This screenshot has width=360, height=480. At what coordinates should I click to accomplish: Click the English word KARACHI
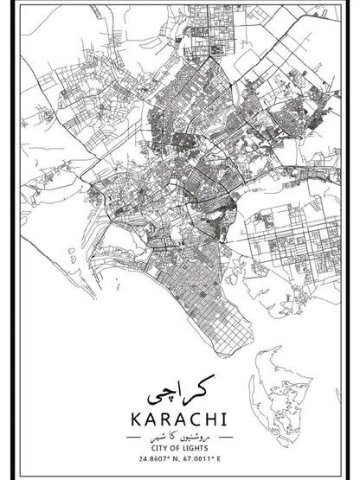click(180, 419)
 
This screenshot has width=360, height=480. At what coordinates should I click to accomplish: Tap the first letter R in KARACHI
click(165, 419)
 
